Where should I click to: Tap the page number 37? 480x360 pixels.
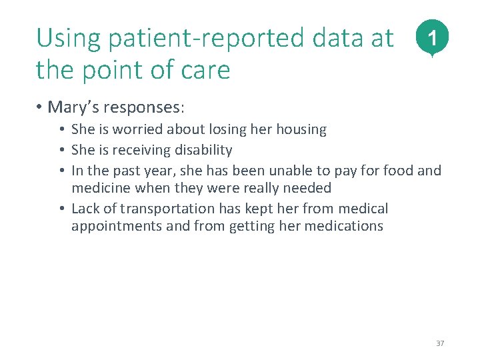439,343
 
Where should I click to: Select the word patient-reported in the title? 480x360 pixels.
182,39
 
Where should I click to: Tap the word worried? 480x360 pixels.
146,129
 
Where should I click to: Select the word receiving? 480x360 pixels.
139,150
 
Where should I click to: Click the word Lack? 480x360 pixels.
85,209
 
